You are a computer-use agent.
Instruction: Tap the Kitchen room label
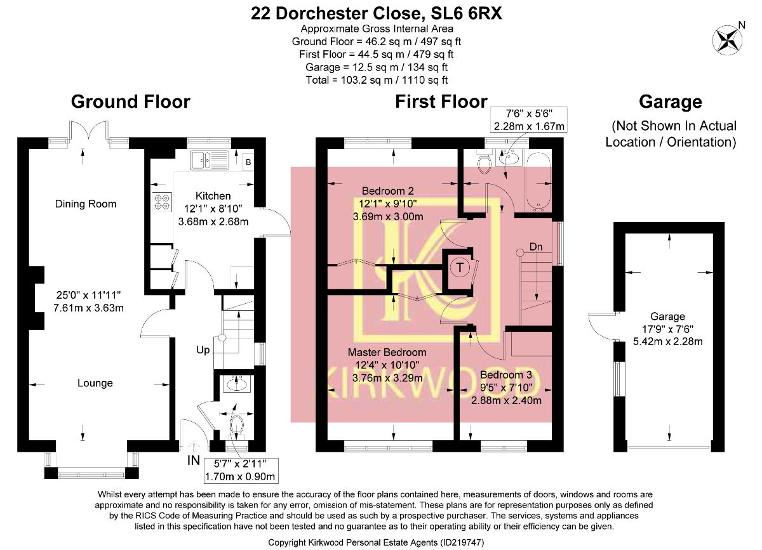213,195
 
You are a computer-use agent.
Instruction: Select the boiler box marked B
248,162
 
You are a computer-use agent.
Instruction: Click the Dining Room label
86,204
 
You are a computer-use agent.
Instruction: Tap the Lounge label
95,383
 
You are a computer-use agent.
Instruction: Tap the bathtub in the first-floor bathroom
538,181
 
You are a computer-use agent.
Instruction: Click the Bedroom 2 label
387,190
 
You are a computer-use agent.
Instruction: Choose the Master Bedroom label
387,352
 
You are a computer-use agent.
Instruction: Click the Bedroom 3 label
505,375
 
